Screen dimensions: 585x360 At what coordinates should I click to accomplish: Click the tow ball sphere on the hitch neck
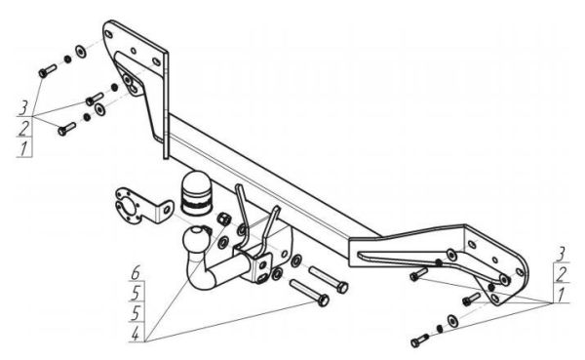click(195, 239)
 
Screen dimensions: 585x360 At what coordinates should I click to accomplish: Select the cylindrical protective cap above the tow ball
click(197, 193)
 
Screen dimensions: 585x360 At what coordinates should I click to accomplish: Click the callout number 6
click(136, 273)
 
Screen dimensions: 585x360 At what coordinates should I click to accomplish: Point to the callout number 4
click(136, 333)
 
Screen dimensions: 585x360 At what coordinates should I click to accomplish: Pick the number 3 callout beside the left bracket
click(23, 108)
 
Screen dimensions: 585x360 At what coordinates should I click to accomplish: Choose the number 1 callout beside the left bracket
click(23, 148)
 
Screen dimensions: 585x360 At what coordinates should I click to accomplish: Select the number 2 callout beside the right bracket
click(562, 275)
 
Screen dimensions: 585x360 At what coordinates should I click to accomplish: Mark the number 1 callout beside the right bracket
click(561, 295)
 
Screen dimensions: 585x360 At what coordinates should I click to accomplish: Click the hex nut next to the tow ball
click(223, 219)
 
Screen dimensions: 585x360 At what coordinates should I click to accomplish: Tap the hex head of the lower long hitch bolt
click(324, 300)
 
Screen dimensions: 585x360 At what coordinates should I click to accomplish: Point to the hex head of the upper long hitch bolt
click(342, 288)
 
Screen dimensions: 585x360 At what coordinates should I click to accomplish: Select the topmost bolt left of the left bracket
click(48, 70)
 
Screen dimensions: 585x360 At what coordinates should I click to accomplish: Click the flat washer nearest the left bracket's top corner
click(81, 52)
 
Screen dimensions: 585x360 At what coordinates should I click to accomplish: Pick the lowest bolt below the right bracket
click(419, 340)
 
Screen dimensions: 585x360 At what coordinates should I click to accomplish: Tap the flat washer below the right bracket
click(452, 320)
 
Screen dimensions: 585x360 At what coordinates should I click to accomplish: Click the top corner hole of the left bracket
click(109, 34)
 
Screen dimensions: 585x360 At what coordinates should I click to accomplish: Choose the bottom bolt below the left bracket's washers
click(66, 129)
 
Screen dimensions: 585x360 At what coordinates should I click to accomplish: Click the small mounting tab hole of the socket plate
click(167, 211)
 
